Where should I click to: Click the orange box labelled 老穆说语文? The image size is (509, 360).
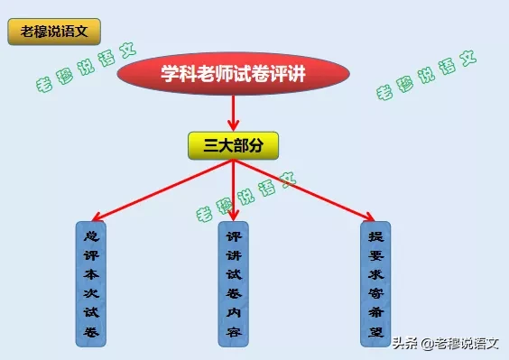[53, 32]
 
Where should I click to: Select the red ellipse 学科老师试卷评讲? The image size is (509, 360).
[234, 75]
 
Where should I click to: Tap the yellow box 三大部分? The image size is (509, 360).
[233, 145]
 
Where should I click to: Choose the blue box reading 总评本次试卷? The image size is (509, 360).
[89, 282]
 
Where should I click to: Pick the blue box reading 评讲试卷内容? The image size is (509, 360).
[234, 282]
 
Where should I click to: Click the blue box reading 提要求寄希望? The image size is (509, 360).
[376, 282]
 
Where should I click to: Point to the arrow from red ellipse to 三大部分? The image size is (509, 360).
[234, 113]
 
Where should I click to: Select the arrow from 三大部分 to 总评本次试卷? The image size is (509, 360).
[162, 189]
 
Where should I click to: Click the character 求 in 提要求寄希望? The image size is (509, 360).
[376, 272]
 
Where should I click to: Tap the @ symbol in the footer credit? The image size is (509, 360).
[426, 343]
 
